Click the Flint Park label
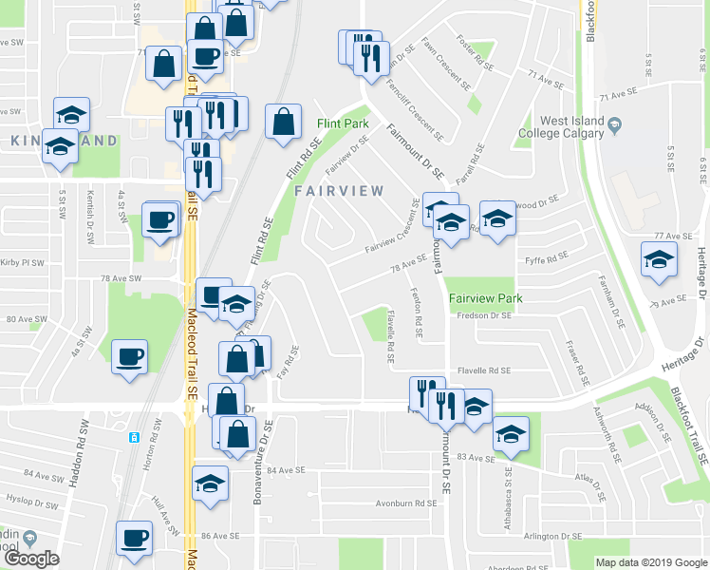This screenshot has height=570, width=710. [x=343, y=124]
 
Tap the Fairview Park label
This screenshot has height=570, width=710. [x=485, y=298]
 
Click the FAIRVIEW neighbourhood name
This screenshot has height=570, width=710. [x=339, y=191]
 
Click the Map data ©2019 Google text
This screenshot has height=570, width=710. [x=650, y=562]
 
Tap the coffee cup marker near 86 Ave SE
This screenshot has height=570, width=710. [x=134, y=538]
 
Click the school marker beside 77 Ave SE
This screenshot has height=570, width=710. [x=659, y=259]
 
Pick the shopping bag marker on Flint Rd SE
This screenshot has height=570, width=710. [x=283, y=122]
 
